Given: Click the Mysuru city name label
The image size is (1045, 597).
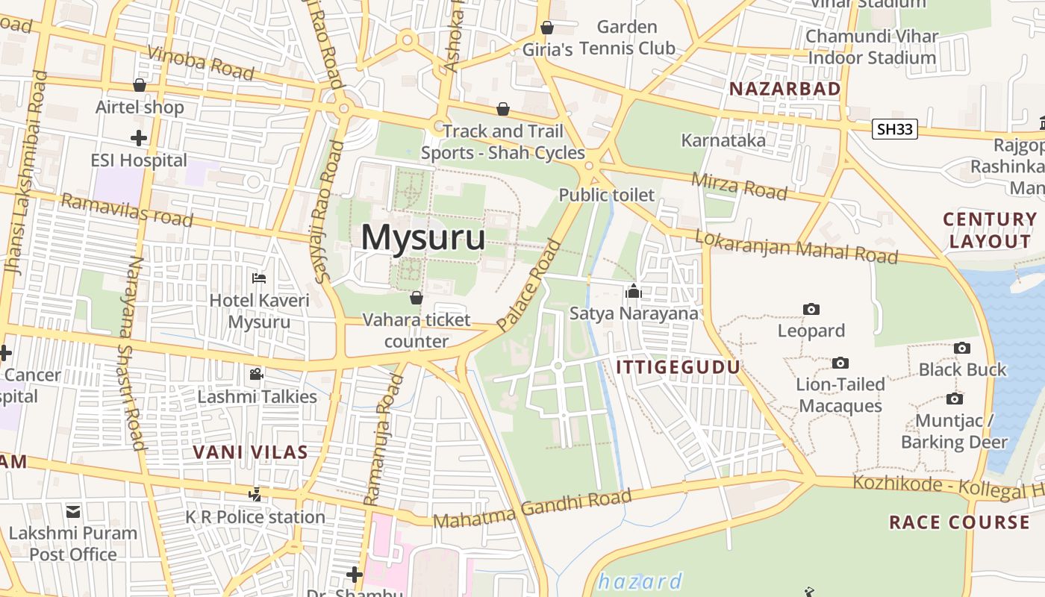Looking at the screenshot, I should tap(423, 238).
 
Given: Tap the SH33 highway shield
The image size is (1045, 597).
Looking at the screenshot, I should tap(895, 129).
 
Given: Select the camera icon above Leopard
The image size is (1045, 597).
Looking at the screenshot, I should tap(811, 309).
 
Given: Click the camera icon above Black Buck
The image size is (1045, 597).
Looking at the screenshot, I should tap(962, 348).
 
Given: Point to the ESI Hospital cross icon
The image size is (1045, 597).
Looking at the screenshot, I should tap(139, 138).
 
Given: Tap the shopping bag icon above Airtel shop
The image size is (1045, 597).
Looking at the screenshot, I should tap(139, 85).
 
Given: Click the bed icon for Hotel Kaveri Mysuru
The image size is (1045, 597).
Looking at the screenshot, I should tap(259, 279).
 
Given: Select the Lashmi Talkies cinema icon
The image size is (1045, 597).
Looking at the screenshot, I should tap(257, 374).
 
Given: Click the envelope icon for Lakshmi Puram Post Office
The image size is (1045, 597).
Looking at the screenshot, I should tap(73, 512).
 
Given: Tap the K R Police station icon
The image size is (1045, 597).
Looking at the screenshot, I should tap(255, 494).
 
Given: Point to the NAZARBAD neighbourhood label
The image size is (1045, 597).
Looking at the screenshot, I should tap(784, 89).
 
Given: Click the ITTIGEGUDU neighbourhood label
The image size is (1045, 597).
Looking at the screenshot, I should tap(678, 367).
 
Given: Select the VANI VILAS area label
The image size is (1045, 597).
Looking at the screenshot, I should tap(250, 452).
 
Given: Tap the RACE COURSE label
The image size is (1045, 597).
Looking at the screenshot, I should tap(958, 522).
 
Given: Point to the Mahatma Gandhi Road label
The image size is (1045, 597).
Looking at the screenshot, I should tap(532, 509).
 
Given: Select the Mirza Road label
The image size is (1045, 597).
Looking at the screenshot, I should tap(739, 186).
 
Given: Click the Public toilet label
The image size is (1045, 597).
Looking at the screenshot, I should tap(606, 196).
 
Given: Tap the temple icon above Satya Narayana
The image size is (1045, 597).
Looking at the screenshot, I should tap(634, 291).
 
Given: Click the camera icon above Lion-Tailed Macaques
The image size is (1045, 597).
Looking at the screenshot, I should tap(840, 363).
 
